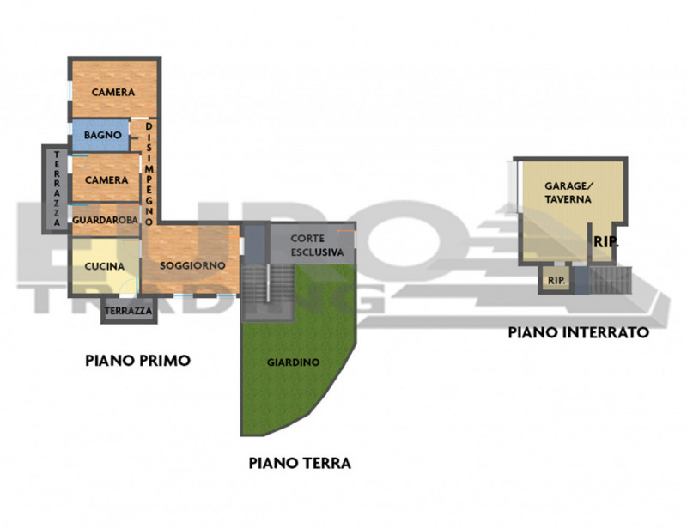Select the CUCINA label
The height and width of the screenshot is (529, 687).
(104, 266)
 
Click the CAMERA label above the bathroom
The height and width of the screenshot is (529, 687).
(113, 93)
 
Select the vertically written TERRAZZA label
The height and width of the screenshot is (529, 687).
(57, 189)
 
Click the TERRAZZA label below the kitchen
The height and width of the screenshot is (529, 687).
(129, 310)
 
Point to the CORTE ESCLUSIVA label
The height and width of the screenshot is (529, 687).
(317, 246)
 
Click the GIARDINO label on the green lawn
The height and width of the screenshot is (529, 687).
(293, 362)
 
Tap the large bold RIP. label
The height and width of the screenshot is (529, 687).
(605, 242)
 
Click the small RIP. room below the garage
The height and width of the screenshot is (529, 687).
(556, 280)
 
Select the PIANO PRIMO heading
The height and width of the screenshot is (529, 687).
(137, 361)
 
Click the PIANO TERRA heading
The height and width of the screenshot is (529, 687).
(300, 463)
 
